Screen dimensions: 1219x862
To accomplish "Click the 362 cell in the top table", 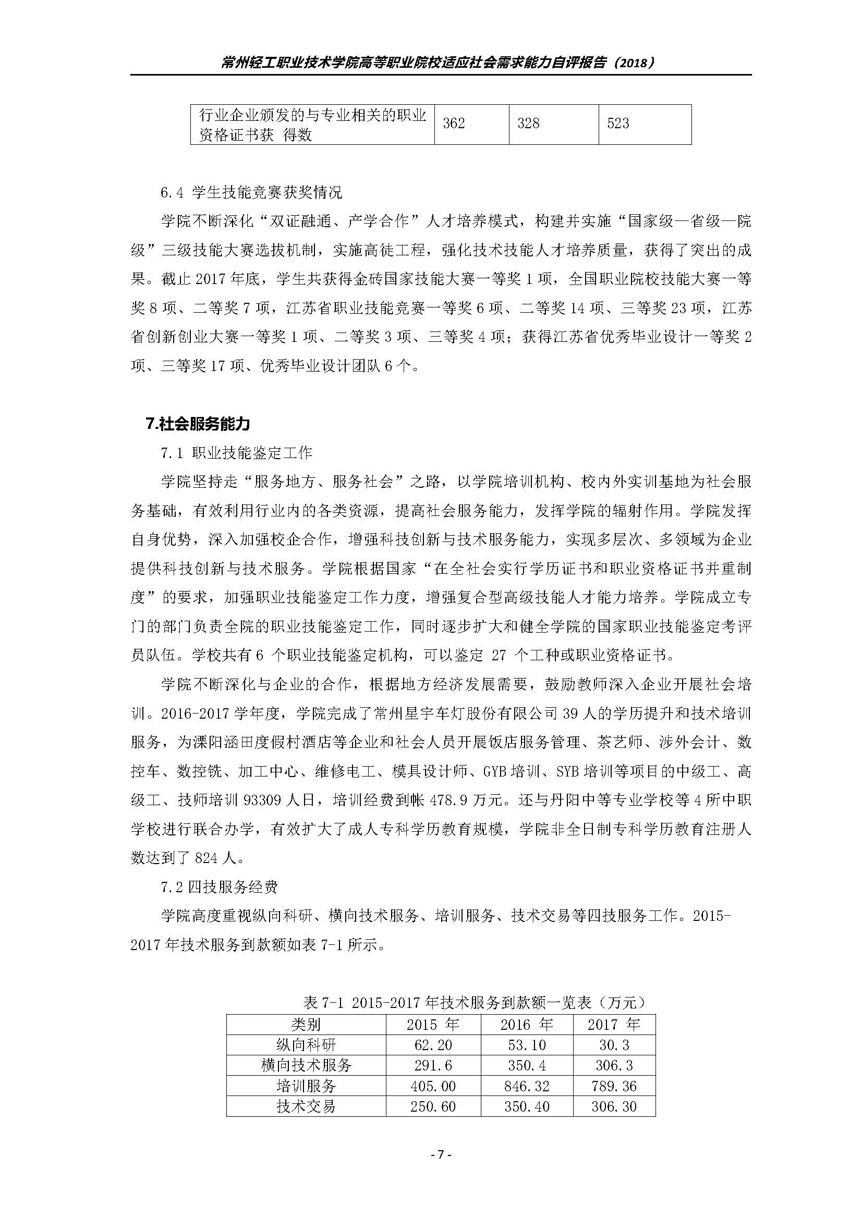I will click(x=454, y=124).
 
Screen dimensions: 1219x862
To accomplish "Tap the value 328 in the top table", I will click(x=528, y=124).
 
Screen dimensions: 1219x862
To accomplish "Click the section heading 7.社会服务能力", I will click(x=197, y=424).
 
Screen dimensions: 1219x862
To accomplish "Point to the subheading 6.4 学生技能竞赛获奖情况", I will click(x=251, y=192).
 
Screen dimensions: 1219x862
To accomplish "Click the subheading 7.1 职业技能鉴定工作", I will click(x=236, y=453).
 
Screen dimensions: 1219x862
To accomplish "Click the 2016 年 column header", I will click(x=526, y=1025).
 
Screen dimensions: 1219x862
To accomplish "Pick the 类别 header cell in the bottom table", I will click(x=306, y=1025).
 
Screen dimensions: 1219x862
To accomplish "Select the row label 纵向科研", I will click(x=306, y=1045).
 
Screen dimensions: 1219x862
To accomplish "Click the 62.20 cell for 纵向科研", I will click(x=433, y=1045).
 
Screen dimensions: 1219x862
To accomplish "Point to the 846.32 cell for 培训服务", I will click(x=526, y=1086).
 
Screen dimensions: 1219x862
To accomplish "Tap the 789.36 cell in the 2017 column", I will click(x=614, y=1086).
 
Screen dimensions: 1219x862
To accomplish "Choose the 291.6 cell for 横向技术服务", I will click(x=433, y=1066).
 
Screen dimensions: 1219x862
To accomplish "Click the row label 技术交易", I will click(x=306, y=1106).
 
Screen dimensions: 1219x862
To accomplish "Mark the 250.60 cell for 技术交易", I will click(x=433, y=1106).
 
